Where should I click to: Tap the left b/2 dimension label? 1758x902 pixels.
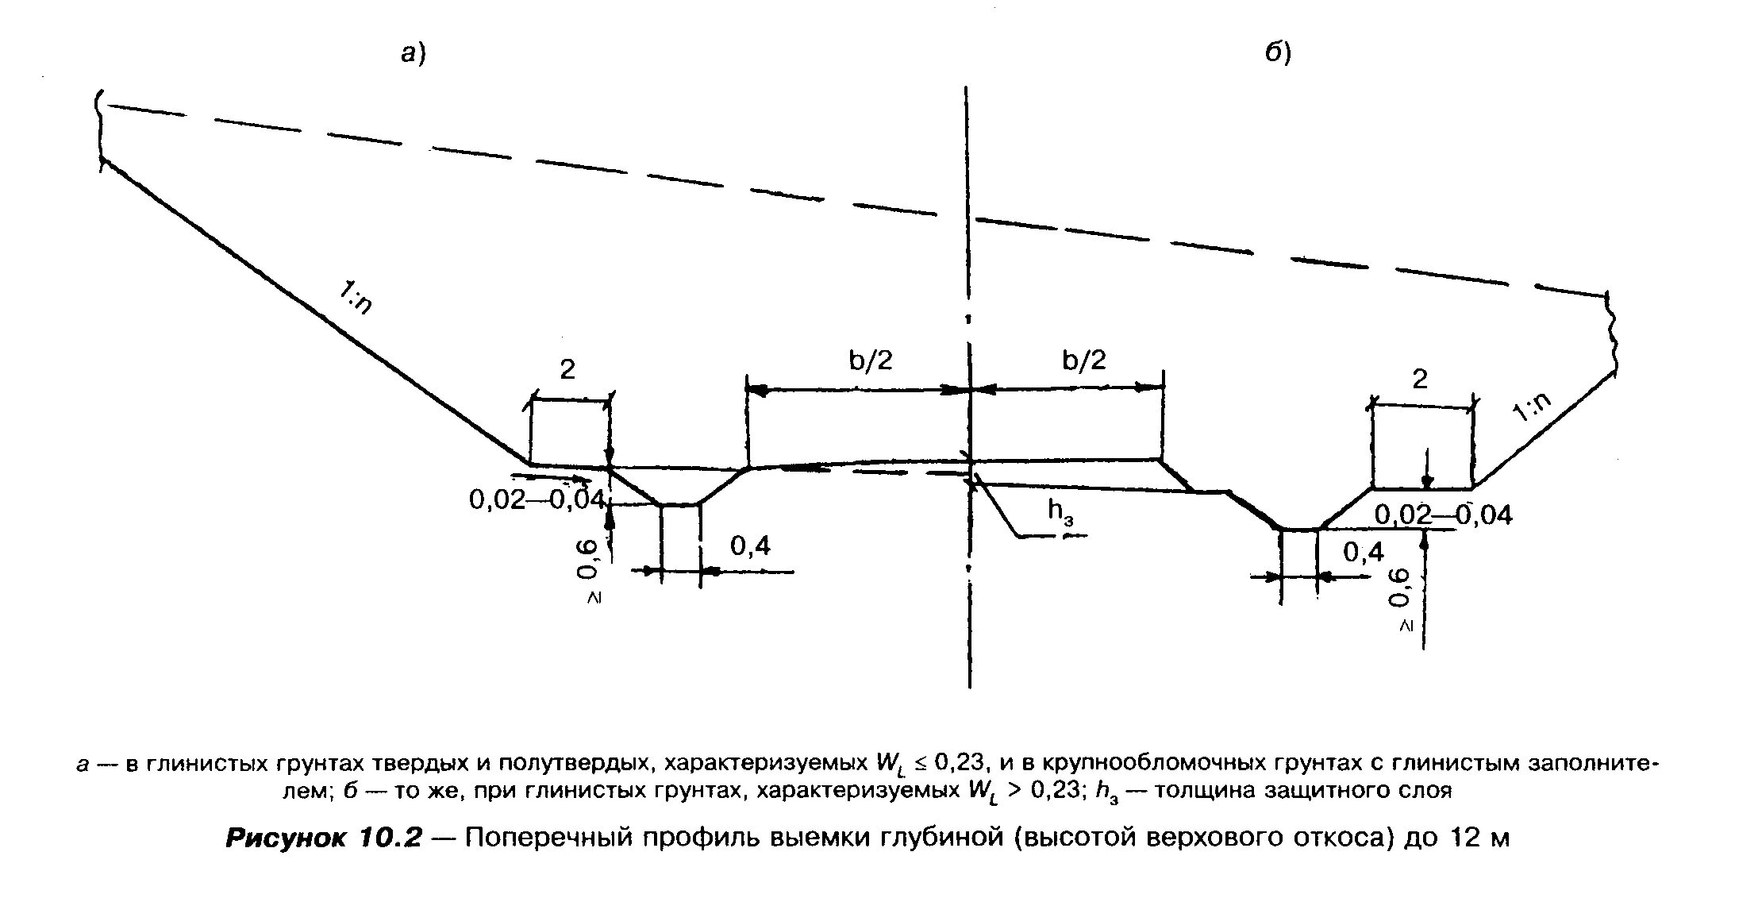(871, 361)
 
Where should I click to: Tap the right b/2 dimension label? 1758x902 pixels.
(1083, 361)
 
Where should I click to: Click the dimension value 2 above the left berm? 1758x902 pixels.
(567, 370)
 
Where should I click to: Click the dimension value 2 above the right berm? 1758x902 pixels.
(1420, 379)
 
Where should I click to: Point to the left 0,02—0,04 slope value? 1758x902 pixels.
(538, 499)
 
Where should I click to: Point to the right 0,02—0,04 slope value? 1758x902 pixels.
(1444, 515)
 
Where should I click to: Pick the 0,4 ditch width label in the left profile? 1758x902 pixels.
(750, 545)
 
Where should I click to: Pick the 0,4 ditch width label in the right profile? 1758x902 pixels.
(1364, 552)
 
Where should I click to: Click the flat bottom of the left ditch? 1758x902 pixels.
(679, 504)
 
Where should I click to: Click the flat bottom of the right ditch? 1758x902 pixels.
(1299, 529)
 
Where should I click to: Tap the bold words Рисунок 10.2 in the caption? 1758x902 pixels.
(323, 838)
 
